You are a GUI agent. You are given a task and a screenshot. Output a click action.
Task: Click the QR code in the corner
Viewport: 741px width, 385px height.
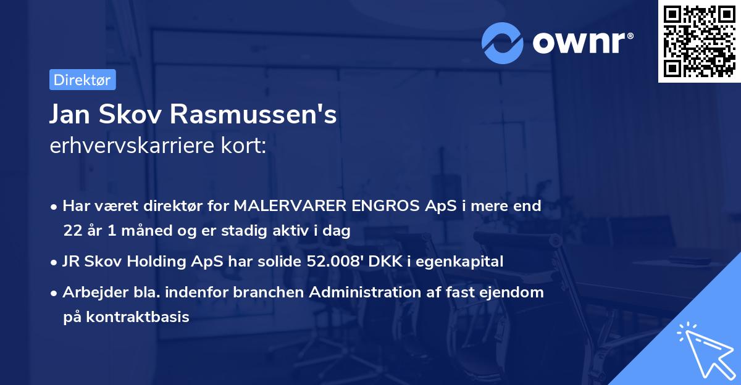(x=699, y=41)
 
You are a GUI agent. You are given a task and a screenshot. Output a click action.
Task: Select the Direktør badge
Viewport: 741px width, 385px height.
(x=82, y=80)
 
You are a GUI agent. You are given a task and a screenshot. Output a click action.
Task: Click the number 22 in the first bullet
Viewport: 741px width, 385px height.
(x=70, y=231)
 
